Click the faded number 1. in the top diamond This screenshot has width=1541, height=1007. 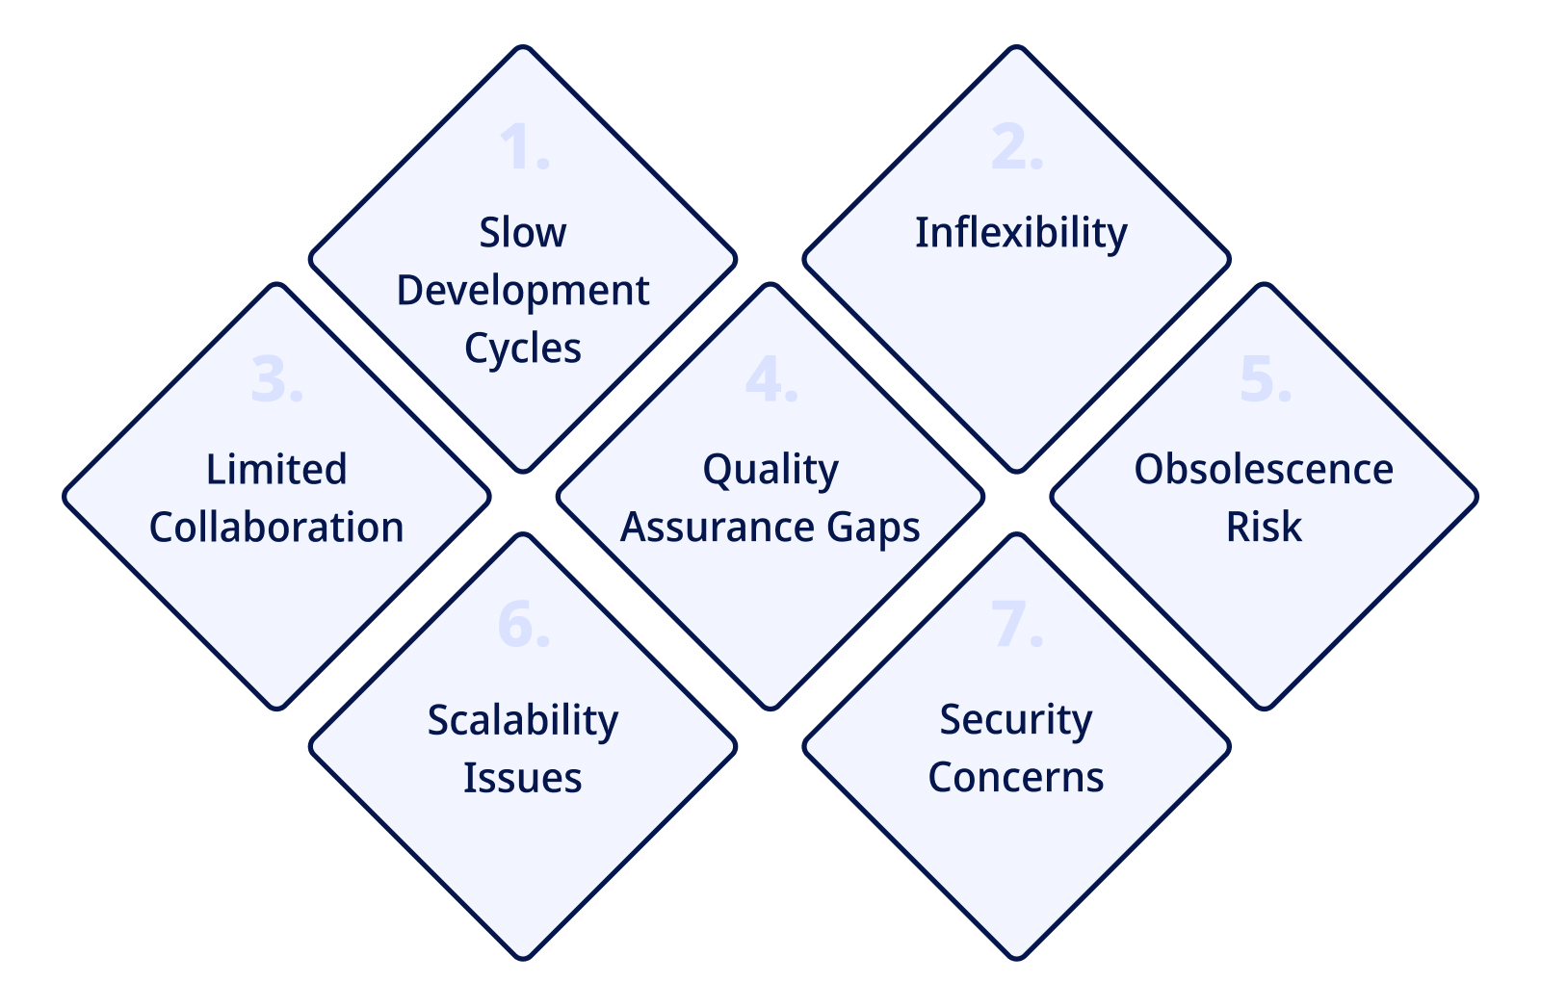pyautogui.click(x=524, y=146)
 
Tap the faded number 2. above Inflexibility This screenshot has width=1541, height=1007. pyautogui.click(x=1017, y=146)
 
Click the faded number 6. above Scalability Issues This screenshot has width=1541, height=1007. pyautogui.click(x=524, y=624)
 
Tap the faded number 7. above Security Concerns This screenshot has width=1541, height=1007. pyautogui.click(x=1017, y=624)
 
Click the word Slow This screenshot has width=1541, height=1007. pyautogui.click(x=523, y=232)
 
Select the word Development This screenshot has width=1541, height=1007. pyautogui.click(x=523, y=292)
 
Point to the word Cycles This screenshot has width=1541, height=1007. pyautogui.click(x=523, y=349)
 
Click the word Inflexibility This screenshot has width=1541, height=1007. pyautogui.click(x=1021, y=233)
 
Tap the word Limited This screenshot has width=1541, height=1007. pyautogui.click(x=276, y=470)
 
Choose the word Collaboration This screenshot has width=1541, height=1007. pyautogui.click(x=276, y=528)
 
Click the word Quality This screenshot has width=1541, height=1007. pyautogui.click(x=770, y=471)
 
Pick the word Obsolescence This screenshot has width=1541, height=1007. pyautogui.click(x=1264, y=470)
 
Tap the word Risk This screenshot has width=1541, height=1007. pyautogui.click(x=1264, y=528)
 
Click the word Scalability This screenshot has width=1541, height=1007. pyautogui.click(x=523, y=721)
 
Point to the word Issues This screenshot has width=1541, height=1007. pyautogui.click(x=523, y=779)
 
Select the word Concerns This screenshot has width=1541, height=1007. pyautogui.click(x=1016, y=779)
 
